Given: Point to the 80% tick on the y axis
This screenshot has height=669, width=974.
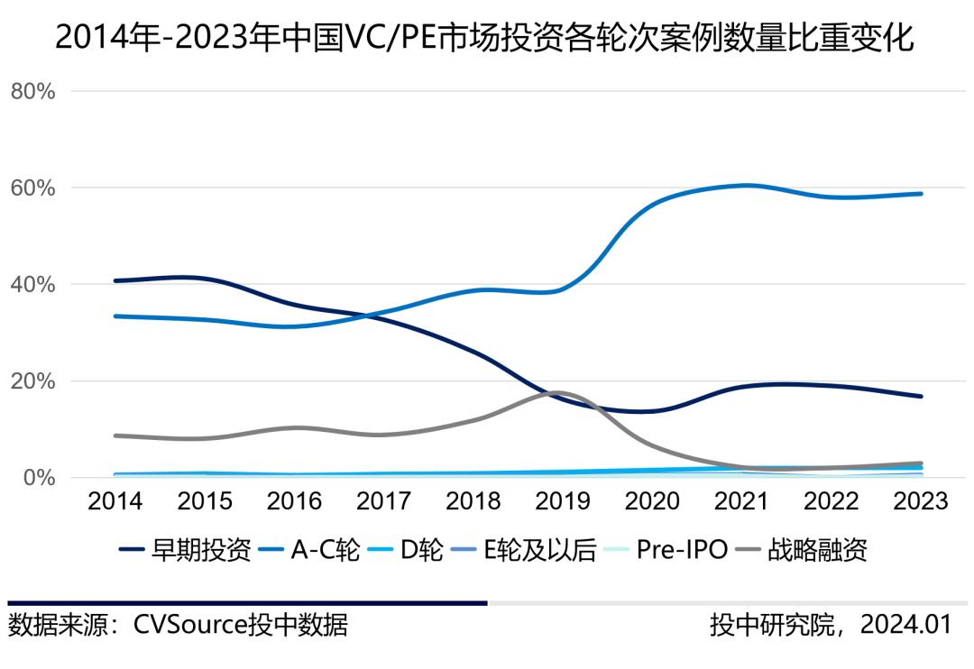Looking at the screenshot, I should tap(33, 92).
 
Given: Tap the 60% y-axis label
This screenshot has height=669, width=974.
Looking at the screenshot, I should tap(33, 188).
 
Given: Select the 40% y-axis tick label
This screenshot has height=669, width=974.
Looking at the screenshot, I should tap(33, 285).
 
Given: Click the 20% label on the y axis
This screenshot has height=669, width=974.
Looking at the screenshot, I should tap(33, 381).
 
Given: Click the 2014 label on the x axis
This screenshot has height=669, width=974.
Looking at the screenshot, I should tap(115, 501).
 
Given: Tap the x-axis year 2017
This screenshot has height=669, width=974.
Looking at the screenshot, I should tap(384, 501).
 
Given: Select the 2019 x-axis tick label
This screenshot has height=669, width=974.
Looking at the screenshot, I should tap(564, 501).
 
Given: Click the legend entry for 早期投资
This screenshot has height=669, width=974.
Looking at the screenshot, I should tap(185, 550).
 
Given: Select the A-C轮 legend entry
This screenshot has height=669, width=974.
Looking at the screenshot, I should tap(312, 550).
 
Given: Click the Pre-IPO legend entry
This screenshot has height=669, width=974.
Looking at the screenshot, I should tap(667, 550).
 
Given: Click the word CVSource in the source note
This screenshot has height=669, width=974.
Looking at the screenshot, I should tap(189, 625).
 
